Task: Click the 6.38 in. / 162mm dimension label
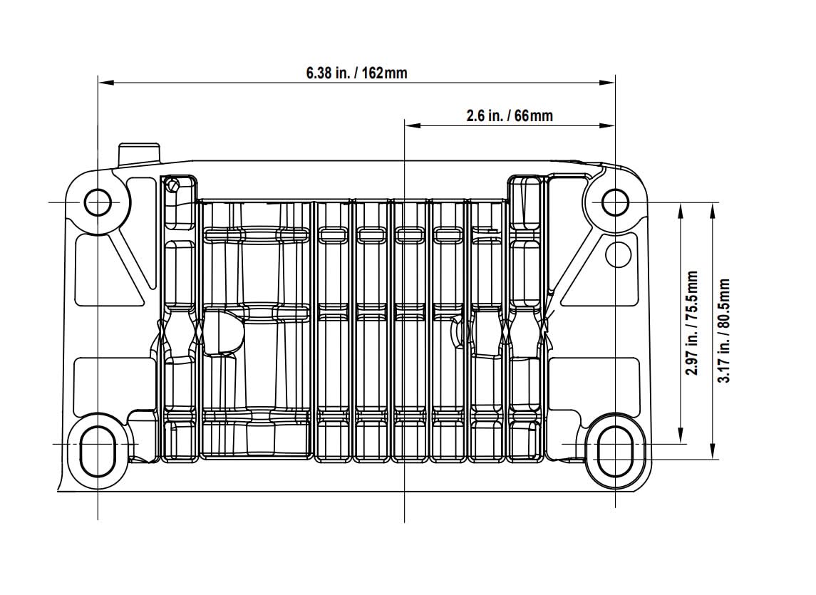click(356, 73)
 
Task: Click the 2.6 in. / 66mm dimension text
click(510, 115)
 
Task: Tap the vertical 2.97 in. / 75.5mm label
click(691, 322)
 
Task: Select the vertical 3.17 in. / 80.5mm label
click(725, 330)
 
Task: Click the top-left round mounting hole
click(98, 202)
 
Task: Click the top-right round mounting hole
click(614, 202)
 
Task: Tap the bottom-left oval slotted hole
click(97, 452)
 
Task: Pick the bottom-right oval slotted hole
click(614, 452)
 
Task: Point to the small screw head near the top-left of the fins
click(171, 185)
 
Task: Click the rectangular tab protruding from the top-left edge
click(139, 153)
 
